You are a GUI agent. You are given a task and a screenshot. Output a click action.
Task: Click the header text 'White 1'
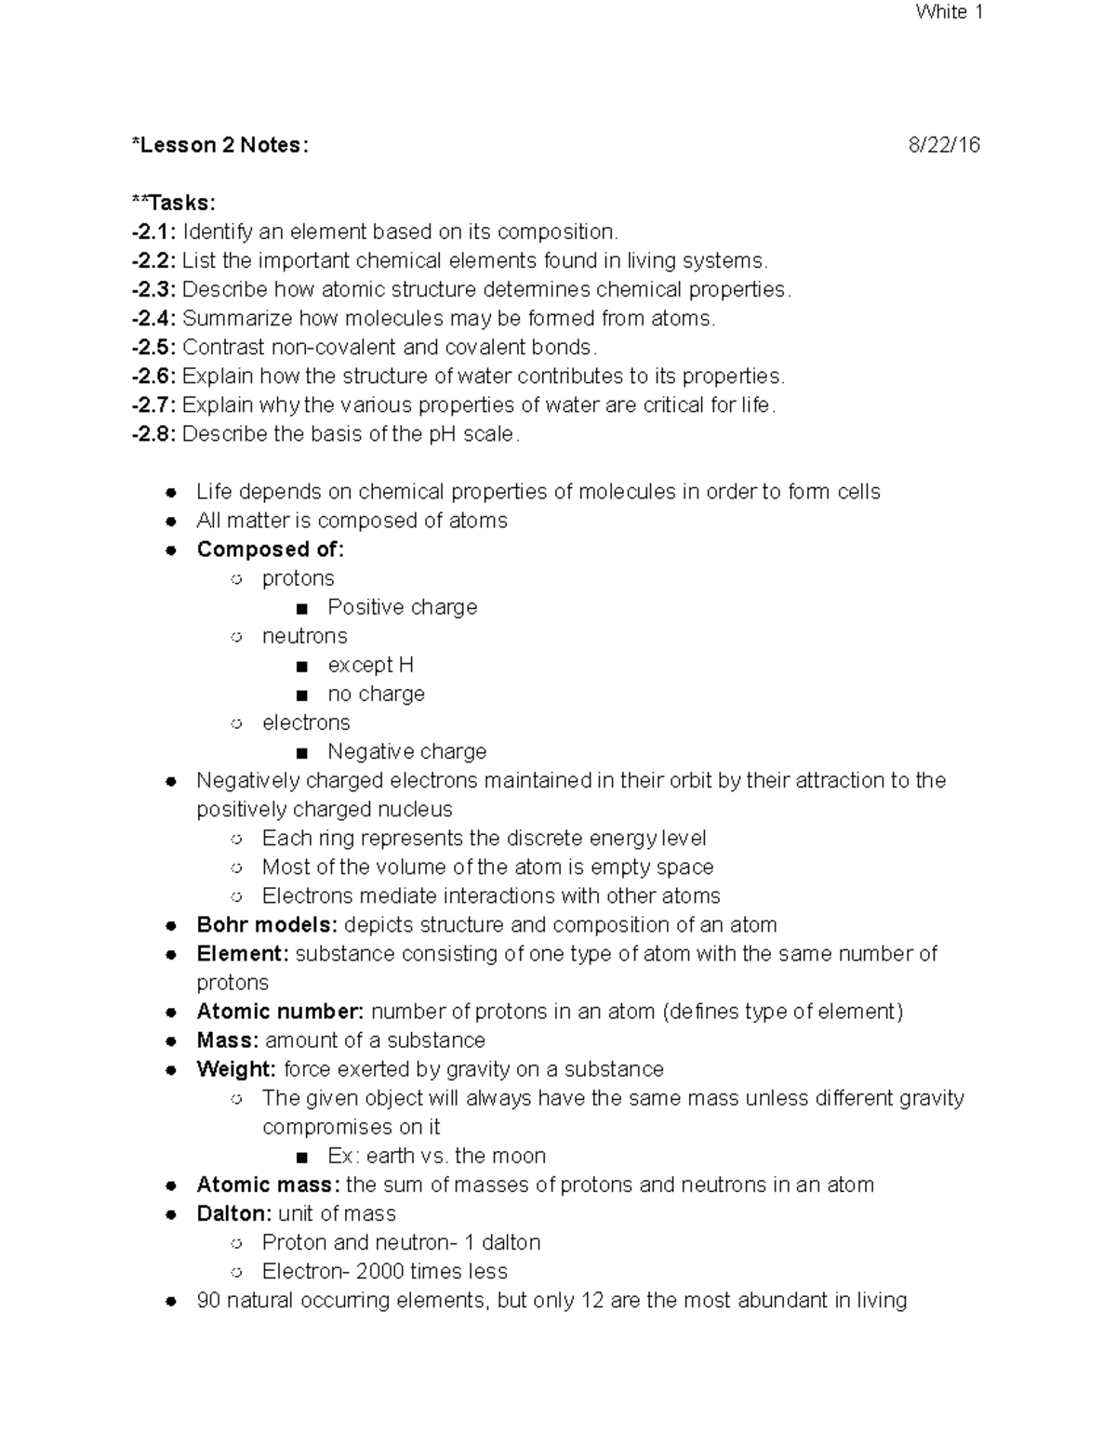(949, 12)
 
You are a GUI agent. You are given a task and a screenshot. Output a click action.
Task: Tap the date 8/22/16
(944, 145)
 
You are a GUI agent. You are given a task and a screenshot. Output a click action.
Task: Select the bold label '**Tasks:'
(174, 203)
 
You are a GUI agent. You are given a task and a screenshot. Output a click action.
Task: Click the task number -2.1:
(154, 232)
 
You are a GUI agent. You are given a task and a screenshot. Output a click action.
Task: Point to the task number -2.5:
(154, 347)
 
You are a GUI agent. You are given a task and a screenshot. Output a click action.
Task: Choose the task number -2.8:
(154, 434)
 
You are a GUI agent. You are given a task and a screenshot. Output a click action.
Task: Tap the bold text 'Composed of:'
(270, 550)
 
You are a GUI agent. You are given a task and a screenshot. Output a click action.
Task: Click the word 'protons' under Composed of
(298, 578)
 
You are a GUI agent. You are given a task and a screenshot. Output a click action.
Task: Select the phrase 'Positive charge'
(402, 607)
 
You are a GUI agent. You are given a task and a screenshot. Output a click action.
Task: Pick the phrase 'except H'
(370, 665)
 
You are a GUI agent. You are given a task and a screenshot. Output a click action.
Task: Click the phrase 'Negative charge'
(406, 751)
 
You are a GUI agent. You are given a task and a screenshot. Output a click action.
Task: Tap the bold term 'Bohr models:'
(267, 925)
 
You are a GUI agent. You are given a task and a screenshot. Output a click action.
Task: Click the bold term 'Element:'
(243, 954)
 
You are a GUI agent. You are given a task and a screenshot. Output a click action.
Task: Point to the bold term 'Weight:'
(236, 1069)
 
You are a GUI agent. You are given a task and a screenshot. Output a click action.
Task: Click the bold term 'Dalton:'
(234, 1213)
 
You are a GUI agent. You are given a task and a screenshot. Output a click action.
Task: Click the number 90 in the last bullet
(207, 1300)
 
